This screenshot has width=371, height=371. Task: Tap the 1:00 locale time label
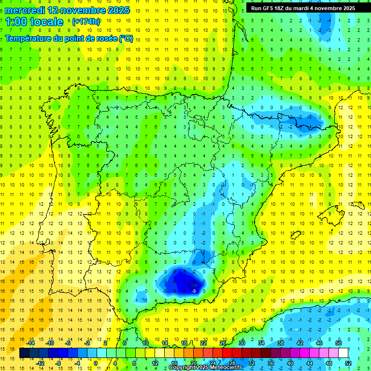click(x=34, y=22)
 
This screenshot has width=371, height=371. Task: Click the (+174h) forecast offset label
click(x=86, y=22)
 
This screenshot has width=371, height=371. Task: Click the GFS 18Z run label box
click(x=303, y=8)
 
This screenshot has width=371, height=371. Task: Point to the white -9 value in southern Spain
click(x=194, y=291)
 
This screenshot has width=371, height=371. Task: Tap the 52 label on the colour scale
click(x=348, y=363)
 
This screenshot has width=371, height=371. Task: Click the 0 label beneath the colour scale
click(x=96, y=363)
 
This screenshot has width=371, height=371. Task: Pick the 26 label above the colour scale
click(x=223, y=343)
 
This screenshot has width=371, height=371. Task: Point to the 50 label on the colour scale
click(x=339, y=343)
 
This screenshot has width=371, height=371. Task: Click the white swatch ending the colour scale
click(x=343, y=353)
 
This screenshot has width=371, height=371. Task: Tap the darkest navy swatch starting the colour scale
click(x=25, y=353)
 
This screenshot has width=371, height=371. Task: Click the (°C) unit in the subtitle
click(x=126, y=39)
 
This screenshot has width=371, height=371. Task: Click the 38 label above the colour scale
click(x=281, y=343)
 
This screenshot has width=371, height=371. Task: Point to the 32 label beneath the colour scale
click(x=252, y=363)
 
